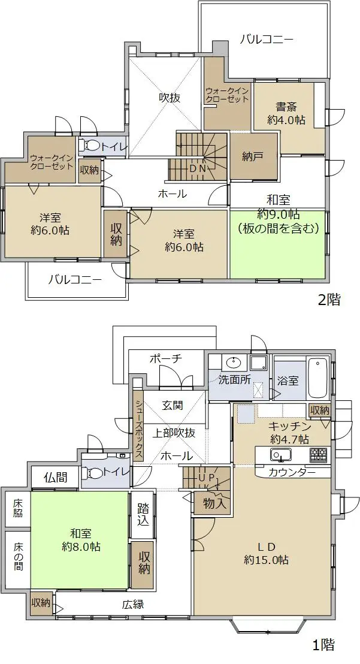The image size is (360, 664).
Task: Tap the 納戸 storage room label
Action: (x=253, y=156)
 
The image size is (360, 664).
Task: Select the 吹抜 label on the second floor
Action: (x=170, y=98)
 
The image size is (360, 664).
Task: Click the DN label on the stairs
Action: (x=198, y=168)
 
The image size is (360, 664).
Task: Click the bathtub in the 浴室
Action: (x=318, y=378)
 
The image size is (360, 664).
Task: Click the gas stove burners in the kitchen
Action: (x=318, y=454)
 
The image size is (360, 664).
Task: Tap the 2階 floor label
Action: (x=329, y=300)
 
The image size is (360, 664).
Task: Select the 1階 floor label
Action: (x=324, y=645)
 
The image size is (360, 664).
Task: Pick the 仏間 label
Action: (x=56, y=478)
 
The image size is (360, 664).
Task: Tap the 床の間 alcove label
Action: (x=18, y=556)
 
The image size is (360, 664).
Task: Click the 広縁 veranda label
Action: (x=133, y=604)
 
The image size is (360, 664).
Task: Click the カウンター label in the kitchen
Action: (x=292, y=472)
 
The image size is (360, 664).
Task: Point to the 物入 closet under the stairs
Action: (x=212, y=503)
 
